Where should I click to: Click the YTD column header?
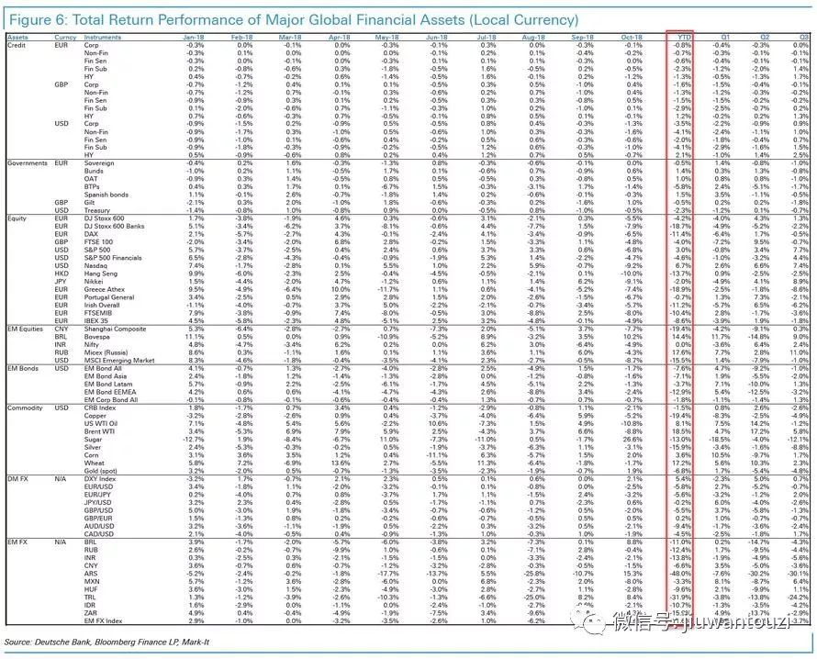point(682,37)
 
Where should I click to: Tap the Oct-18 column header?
point(632,37)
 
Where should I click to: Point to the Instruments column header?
point(103,37)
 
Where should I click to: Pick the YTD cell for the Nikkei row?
point(682,281)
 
